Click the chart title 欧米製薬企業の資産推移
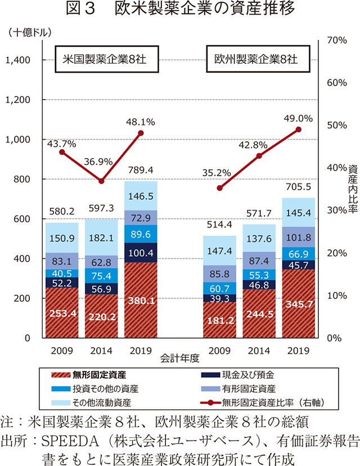click(x=180, y=10)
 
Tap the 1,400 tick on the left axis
click(x=18, y=60)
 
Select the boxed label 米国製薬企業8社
click(x=104, y=59)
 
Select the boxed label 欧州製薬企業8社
click(x=255, y=59)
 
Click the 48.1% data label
click(x=140, y=122)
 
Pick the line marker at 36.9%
click(x=101, y=181)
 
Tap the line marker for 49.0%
click(x=298, y=129)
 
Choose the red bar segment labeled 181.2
click(x=220, y=320)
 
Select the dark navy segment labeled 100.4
click(x=140, y=252)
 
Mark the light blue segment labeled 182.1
click(x=101, y=237)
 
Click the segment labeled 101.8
click(x=298, y=236)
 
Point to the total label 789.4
click(x=140, y=170)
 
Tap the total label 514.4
click(x=220, y=225)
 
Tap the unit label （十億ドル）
click(x=28, y=32)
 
